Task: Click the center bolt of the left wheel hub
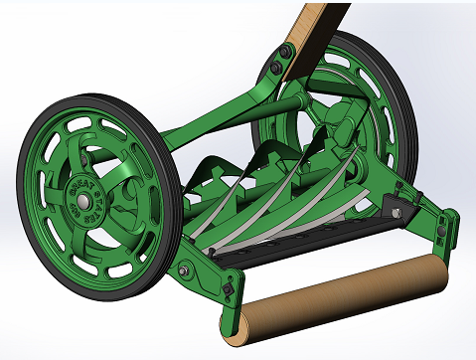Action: click(84, 194)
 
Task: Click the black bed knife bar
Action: click(298, 236)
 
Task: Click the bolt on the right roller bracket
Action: click(437, 231)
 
